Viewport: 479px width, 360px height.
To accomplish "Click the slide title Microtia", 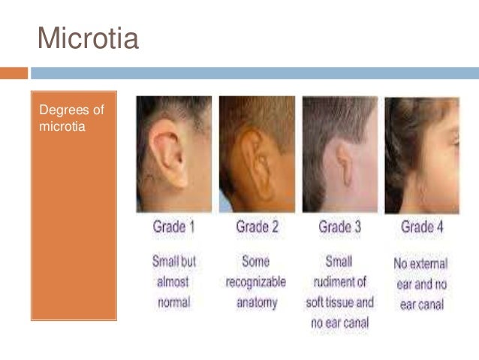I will [88, 38].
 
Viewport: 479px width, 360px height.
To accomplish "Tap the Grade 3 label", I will [340, 226].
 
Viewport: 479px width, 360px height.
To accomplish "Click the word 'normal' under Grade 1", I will [174, 304].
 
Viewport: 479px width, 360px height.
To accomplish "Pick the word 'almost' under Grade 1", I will [173, 283].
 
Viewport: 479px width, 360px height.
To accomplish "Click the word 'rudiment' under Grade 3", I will [340, 283].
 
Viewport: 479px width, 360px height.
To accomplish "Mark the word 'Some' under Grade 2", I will [255, 262].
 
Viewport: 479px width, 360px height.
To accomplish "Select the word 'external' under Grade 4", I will [429, 264].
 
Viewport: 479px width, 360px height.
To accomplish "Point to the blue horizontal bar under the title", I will [255, 73].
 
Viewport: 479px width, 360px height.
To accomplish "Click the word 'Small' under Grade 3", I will [339, 262].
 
